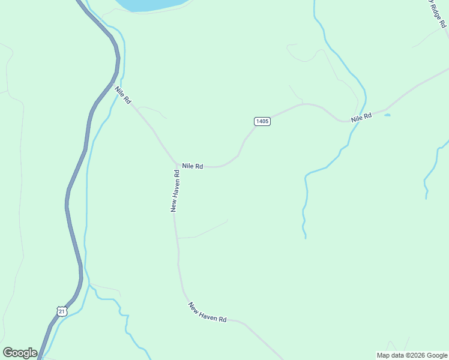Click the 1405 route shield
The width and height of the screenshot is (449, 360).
point(262,121)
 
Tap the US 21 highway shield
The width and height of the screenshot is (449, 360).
point(62,311)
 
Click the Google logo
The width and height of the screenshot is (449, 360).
point(20,353)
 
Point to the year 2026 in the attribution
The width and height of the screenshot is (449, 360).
point(414,355)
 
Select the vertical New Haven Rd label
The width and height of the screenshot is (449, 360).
point(175,190)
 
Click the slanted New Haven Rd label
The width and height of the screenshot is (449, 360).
point(207,313)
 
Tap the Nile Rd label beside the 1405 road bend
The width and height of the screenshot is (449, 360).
point(193,166)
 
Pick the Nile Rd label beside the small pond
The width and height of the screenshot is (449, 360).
point(362,117)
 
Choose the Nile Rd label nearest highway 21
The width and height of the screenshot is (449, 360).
point(123,95)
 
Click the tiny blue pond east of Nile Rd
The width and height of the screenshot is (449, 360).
point(387,115)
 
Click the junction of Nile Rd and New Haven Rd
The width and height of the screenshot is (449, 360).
point(176,165)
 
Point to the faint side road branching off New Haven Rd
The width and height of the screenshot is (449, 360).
point(204,230)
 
